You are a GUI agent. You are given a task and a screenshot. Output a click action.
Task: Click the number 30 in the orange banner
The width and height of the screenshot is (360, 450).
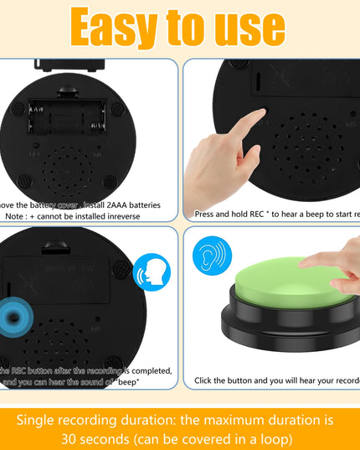(71, 438)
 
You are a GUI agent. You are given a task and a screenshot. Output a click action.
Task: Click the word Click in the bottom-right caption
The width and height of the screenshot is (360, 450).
(207, 380)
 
